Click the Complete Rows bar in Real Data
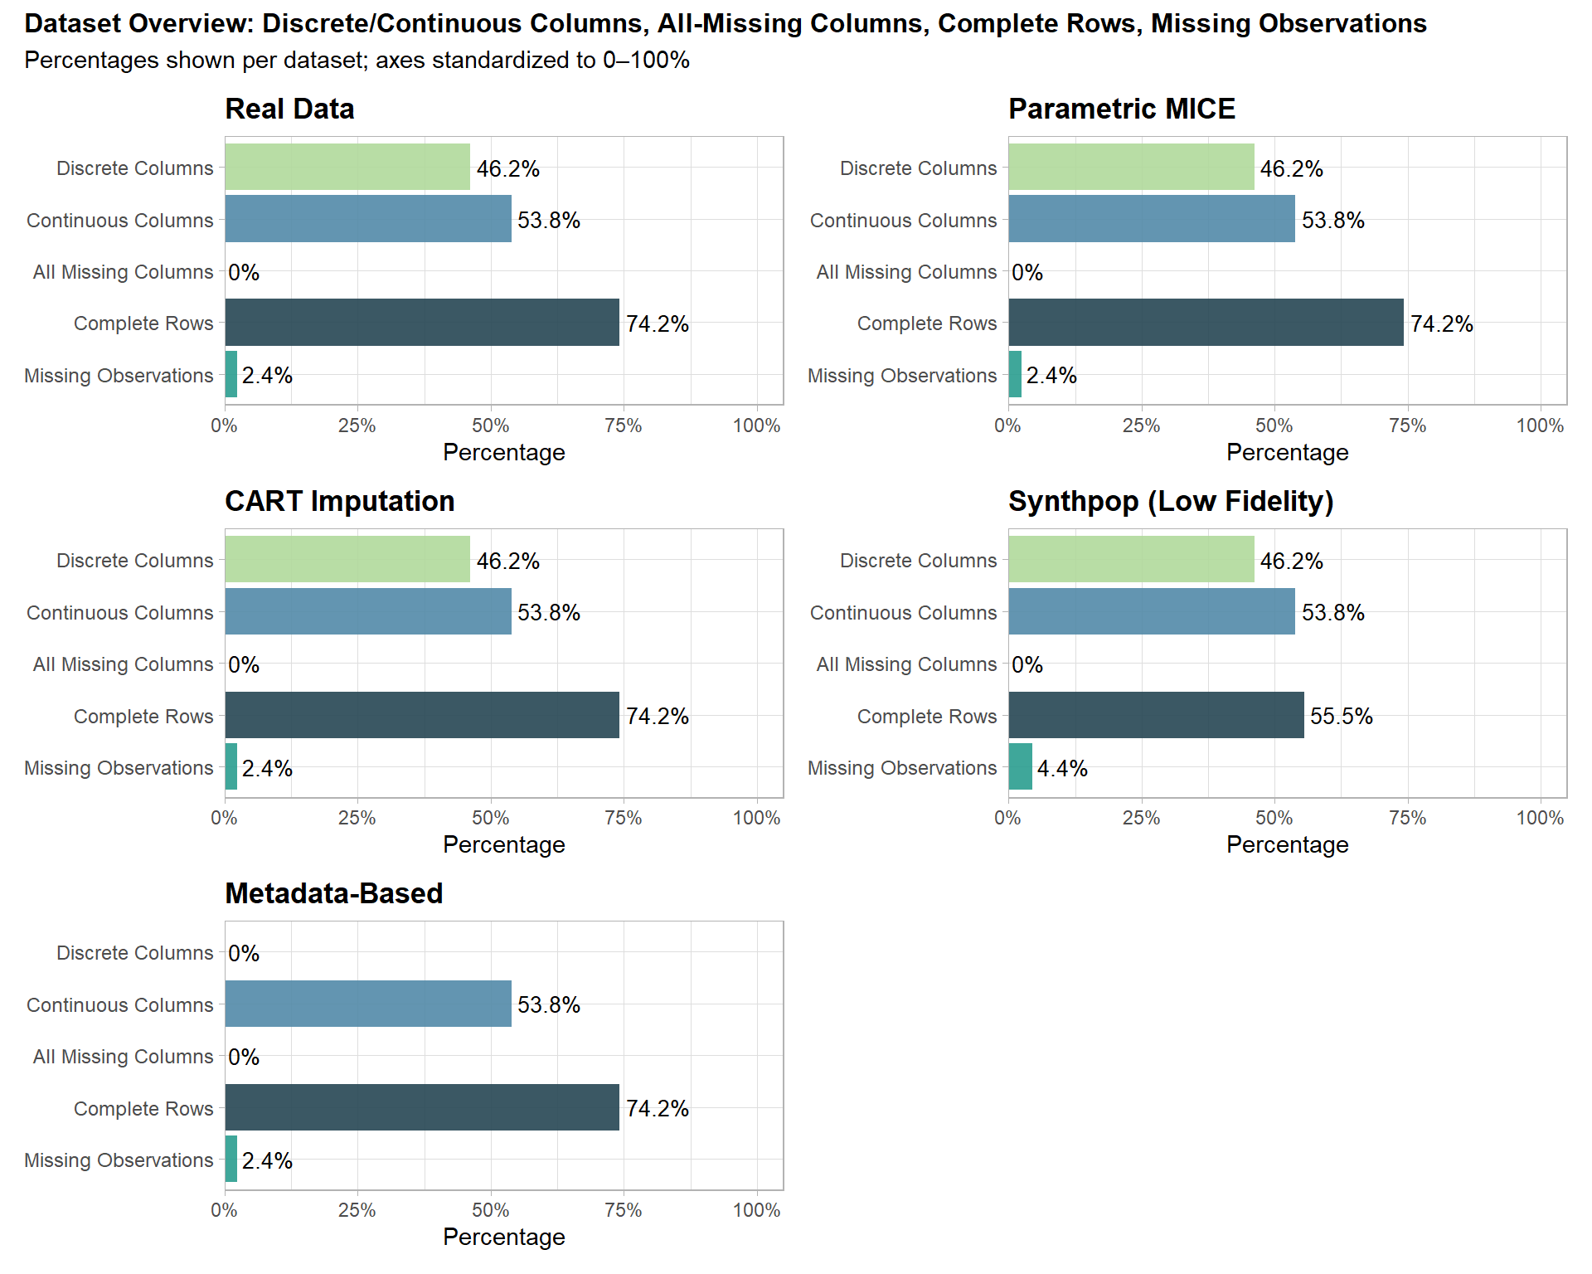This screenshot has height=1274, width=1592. (x=422, y=323)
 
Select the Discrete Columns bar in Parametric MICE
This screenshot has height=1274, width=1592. (x=1131, y=167)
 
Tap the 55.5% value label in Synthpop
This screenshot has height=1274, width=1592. (x=1341, y=716)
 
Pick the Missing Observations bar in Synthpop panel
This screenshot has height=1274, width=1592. (x=1021, y=766)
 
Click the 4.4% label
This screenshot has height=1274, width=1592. (x=1062, y=768)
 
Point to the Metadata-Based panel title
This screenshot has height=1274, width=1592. (x=334, y=893)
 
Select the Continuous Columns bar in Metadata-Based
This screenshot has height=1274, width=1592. (x=368, y=1004)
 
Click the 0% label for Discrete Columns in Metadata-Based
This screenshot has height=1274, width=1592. (x=244, y=953)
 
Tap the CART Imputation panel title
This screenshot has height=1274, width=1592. (x=340, y=501)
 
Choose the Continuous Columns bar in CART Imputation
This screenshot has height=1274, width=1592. (x=368, y=611)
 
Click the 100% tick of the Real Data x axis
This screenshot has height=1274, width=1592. (x=756, y=425)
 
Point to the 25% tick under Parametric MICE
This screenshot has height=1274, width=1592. (x=1141, y=425)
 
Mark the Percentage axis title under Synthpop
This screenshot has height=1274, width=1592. (x=1287, y=844)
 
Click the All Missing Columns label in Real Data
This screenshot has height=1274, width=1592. (x=123, y=272)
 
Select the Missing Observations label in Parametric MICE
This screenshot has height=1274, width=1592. (x=902, y=376)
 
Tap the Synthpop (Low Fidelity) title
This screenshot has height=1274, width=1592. (x=1171, y=501)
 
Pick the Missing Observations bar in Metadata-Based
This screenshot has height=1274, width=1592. (x=231, y=1159)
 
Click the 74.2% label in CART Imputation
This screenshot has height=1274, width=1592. (x=657, y=716)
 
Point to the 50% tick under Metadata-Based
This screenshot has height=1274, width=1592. (x=490, y=1210)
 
